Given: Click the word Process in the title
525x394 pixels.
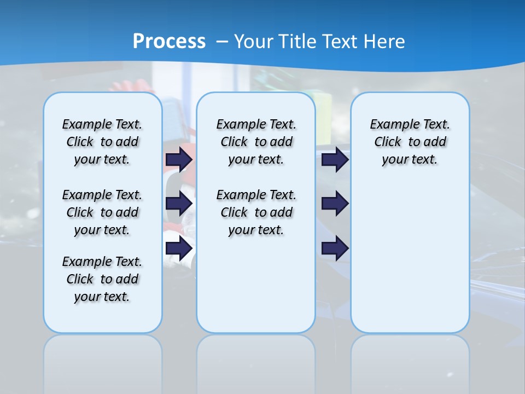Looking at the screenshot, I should (x=169, y=42).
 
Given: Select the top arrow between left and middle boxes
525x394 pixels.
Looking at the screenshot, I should (x=179, y=159).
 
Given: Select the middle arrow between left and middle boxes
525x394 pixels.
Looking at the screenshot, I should (x=179, y=204).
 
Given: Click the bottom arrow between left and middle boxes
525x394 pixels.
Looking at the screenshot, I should (x=179, y=248).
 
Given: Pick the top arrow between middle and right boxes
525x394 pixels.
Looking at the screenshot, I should (x=335, y=159).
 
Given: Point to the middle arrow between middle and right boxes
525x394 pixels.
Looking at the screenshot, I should (x=335, y=204).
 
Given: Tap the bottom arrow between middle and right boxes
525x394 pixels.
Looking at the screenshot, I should (x=335, y=248).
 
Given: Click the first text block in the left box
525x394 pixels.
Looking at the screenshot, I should (x=102, y=142).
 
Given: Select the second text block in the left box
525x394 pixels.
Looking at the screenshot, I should (x=102, y=212).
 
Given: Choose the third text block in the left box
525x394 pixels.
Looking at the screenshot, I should (x=102, y=279).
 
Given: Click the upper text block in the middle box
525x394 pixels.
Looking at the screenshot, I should (x=256, y=142).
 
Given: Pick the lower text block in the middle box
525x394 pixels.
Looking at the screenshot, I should (x=256, y=212).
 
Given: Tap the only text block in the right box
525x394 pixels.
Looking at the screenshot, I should (x=410, y=142).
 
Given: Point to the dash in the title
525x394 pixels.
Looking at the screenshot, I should (x=222, y=42).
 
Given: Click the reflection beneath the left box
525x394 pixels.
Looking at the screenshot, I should (x=102, y=361).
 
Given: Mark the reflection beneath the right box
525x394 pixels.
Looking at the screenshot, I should (x=410, y=361).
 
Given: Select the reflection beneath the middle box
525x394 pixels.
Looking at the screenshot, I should (x=256, y=361).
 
